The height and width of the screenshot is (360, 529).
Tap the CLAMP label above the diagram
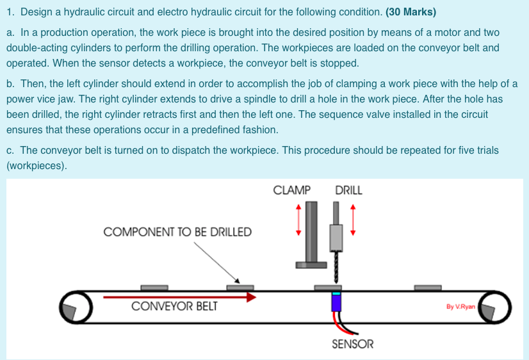(291, 190)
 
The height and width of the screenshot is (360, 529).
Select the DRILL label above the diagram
(348, 190)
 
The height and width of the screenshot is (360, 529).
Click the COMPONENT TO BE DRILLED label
(177, 232)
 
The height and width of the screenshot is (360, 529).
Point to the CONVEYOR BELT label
(174, 306)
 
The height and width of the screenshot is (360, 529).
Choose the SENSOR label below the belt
(352, 344)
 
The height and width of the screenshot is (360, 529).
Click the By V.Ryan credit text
(460, 307)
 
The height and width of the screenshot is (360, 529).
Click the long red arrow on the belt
(179, 297)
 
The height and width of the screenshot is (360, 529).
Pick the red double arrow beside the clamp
(297, 220)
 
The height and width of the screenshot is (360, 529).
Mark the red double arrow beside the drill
(352, 220)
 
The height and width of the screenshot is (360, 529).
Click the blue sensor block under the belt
(336, 301)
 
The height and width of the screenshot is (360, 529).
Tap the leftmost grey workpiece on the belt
(154, 288)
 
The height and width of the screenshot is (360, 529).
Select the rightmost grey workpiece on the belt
(428, 288)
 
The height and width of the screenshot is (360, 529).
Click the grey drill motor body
(336, 237)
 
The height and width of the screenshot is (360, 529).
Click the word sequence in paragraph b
(377, 115)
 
